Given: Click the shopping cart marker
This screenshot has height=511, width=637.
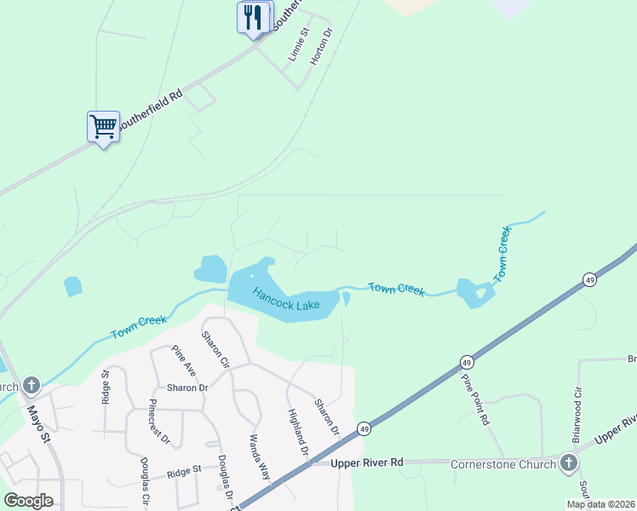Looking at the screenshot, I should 103,127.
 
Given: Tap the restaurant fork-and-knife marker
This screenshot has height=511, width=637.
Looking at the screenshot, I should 252,17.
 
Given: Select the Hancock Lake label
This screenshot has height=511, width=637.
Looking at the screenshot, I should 285,299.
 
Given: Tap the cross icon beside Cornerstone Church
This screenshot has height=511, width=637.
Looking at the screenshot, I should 568,463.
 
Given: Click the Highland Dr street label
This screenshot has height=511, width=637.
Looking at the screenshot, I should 296,432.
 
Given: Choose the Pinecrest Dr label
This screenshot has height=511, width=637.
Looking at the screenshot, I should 160,422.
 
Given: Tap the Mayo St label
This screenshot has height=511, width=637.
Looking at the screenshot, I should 41,419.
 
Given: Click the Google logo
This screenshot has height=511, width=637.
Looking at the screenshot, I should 29,500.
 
